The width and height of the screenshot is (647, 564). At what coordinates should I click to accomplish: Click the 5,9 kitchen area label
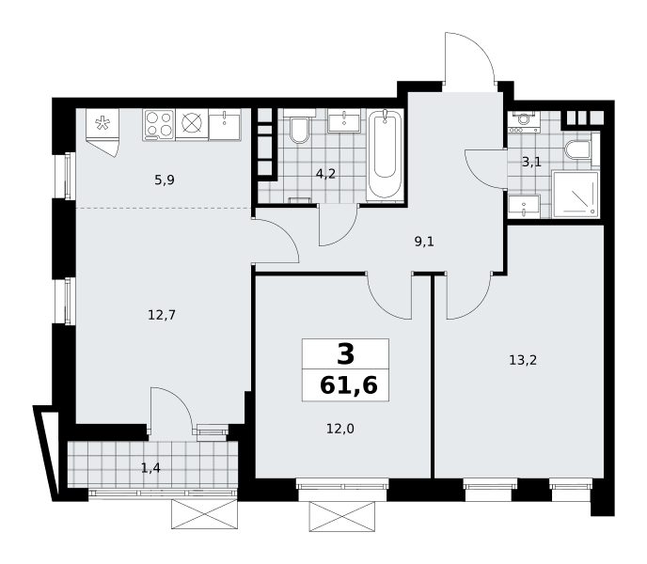165,180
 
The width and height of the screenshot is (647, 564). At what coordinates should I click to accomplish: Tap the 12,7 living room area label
162,315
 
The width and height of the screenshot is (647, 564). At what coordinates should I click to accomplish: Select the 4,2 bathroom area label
325,174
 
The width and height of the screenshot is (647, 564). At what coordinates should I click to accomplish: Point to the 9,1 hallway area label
424,242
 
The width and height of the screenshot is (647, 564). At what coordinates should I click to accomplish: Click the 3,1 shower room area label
531,162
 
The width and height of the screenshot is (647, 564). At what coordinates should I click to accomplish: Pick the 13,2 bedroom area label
523,360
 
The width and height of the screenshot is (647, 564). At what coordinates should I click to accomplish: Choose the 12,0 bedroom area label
340,429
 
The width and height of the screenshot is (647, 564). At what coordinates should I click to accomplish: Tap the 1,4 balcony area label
150,468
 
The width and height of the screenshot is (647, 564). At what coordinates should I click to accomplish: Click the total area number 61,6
349,385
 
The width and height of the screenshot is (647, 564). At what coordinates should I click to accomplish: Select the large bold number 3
345,354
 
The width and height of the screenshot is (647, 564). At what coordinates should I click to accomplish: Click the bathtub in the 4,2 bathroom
385,155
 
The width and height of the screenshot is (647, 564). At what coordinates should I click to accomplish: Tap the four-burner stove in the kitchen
159,124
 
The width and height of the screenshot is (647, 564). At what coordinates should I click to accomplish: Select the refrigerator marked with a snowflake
103,123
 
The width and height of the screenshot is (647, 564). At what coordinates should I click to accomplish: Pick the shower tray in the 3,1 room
576,195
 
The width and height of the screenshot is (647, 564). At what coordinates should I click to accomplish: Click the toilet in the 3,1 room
579,149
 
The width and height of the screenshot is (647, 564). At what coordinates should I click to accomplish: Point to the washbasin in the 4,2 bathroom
344,121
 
